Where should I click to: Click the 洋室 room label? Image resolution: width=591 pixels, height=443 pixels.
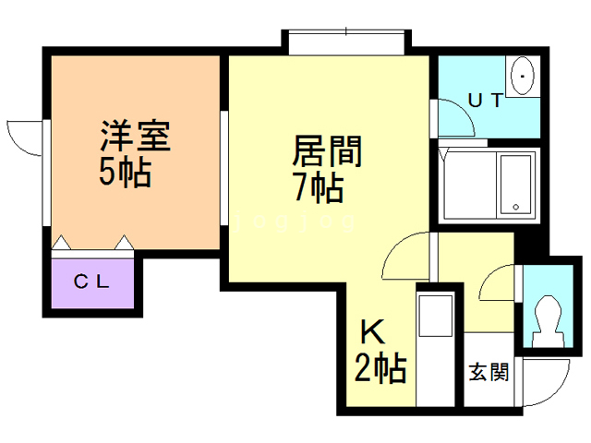point(134,138)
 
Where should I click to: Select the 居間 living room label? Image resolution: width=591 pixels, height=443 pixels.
point(327,150)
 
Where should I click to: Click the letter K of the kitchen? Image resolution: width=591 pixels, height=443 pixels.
point(371,331)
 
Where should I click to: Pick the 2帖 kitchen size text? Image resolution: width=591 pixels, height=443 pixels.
point(380,369)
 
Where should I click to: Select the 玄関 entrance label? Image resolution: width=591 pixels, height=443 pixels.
point(487,373)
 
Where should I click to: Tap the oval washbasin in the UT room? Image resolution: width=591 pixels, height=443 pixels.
point(523,74)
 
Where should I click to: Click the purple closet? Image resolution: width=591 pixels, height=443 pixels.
point(92,285)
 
